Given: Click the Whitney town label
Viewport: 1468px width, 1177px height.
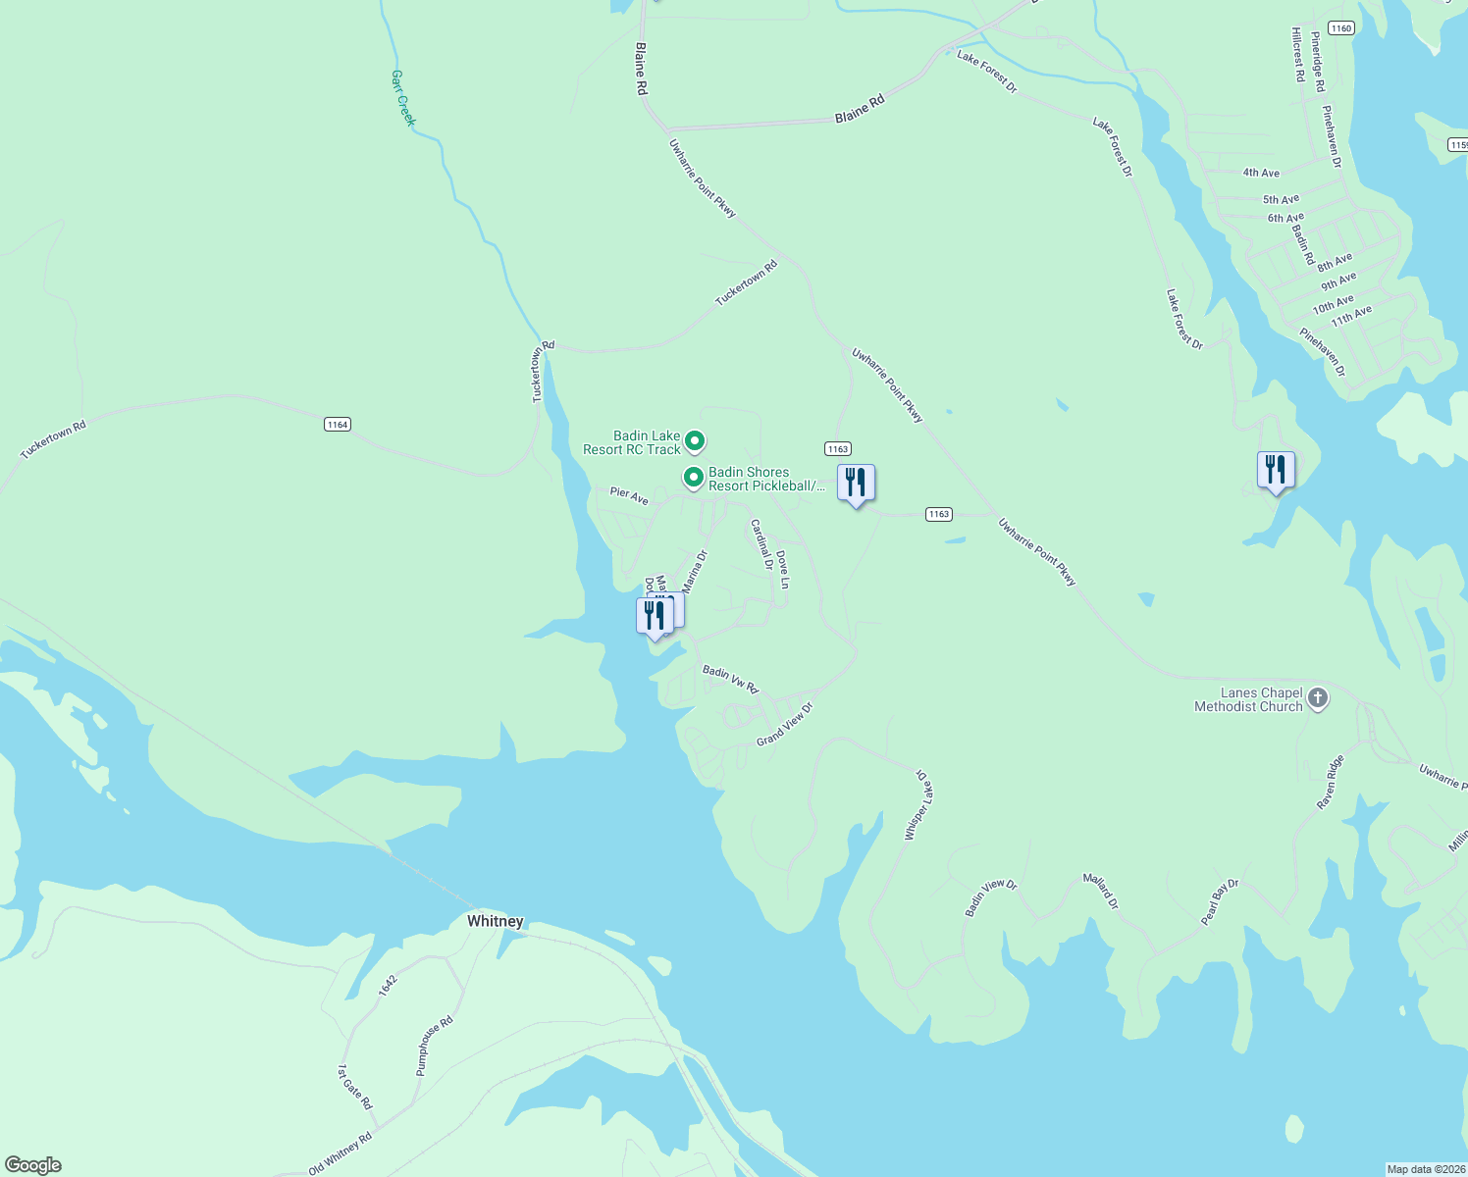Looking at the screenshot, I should [x=495, y=921].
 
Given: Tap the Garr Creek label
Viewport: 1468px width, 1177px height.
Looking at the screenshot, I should [x=403, y=98].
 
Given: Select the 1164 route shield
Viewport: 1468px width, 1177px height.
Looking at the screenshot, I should [x=338, y=425].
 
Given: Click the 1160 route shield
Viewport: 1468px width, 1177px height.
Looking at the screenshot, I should [x=1341, y=28].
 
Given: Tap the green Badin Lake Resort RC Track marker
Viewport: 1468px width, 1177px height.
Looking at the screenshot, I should [x=695, y=441].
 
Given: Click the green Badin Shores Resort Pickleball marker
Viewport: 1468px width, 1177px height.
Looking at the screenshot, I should [x=694, y=478].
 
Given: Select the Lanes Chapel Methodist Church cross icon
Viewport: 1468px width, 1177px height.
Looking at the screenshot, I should [x=1318, y=698].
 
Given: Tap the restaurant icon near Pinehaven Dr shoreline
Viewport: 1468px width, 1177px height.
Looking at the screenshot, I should [x=1276, y=470].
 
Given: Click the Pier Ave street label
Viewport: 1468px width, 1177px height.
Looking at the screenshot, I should [x=629, y=495].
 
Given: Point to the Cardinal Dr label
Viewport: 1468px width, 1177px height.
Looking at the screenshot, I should [x=761, y=544].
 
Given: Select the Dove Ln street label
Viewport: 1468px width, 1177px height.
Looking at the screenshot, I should [x=783, y=569].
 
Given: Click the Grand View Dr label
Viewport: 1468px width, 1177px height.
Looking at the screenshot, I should [x=785, y=724].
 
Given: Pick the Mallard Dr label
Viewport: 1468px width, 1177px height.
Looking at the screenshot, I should [x=1100, y=891].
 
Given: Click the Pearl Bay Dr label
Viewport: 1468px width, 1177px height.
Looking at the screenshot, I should [x=1220, y=902].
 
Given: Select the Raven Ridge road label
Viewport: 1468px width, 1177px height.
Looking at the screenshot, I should [x=1331, y=782].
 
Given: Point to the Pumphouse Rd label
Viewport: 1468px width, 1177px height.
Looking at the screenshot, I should [x=435, y=1046].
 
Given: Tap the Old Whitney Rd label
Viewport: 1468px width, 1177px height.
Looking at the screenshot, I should [x=340, y=1153].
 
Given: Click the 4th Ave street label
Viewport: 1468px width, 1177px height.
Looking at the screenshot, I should [x=1261, y=173].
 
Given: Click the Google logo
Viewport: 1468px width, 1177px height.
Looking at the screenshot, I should [x=33, y=1165].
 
